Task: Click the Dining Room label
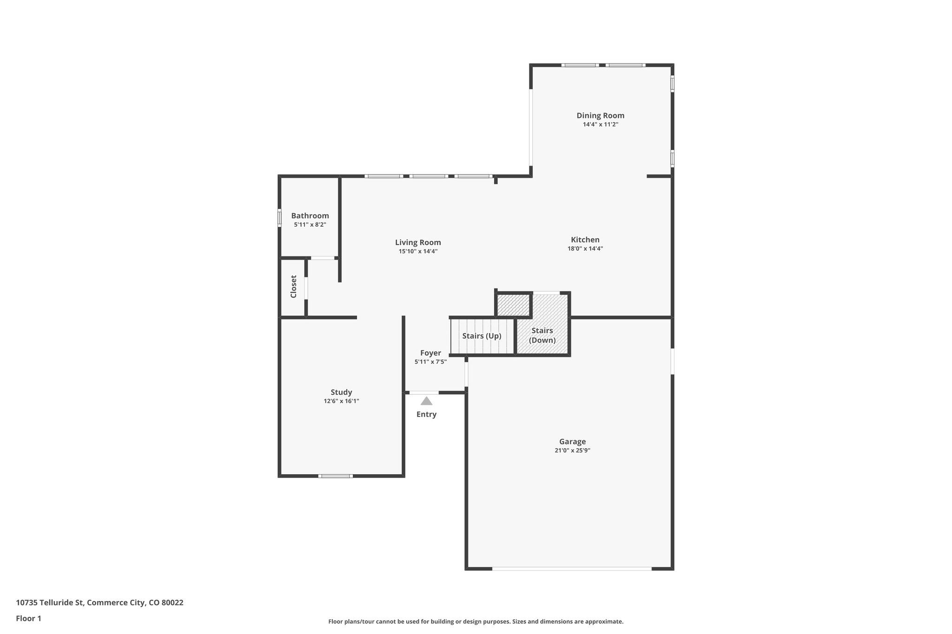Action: tap(600, 116)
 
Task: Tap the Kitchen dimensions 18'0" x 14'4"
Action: tap(585, 248)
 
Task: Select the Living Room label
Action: tap(418, 242)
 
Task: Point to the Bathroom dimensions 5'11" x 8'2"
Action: tap(310, 225)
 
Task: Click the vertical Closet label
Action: tap(293, 287)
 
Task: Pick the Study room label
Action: tap(341, 392)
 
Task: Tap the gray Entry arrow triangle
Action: tap(426, 401)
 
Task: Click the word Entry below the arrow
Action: tap(426, 414)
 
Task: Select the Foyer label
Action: tap(430, 353)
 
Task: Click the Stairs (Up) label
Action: tap(482, 336)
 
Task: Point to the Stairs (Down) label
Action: tap(542, 335)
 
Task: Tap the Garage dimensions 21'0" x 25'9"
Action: tap(572, 450)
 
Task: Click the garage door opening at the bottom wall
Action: tap(572, 569)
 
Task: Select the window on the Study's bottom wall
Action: tap(335, 476)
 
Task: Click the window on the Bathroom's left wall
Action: tap(279, 217)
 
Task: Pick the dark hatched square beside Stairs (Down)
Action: tap(514, 305)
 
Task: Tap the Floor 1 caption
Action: tap(28, 618)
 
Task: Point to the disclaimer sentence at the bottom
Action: tap(476, 621)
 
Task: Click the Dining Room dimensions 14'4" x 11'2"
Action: tap(600, 124)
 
